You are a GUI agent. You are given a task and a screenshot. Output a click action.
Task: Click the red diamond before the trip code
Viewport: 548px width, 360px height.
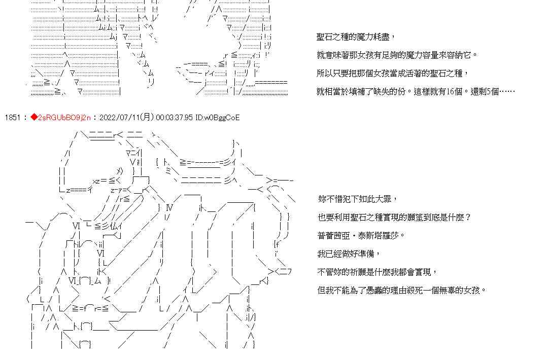(x=34, y=118)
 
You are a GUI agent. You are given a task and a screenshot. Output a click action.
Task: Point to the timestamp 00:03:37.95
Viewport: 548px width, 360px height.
(x=175, y=118)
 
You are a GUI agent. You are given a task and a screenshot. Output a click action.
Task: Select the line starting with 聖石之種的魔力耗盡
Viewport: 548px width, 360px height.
(x=355, y=37)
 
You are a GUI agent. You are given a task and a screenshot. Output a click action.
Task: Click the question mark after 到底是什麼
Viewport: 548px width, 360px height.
(x=468, y=218)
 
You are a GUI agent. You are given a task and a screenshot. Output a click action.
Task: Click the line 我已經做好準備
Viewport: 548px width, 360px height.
(x=348, y=254)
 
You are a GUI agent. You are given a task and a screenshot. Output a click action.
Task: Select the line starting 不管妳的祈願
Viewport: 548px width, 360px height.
(x=376, y=272)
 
